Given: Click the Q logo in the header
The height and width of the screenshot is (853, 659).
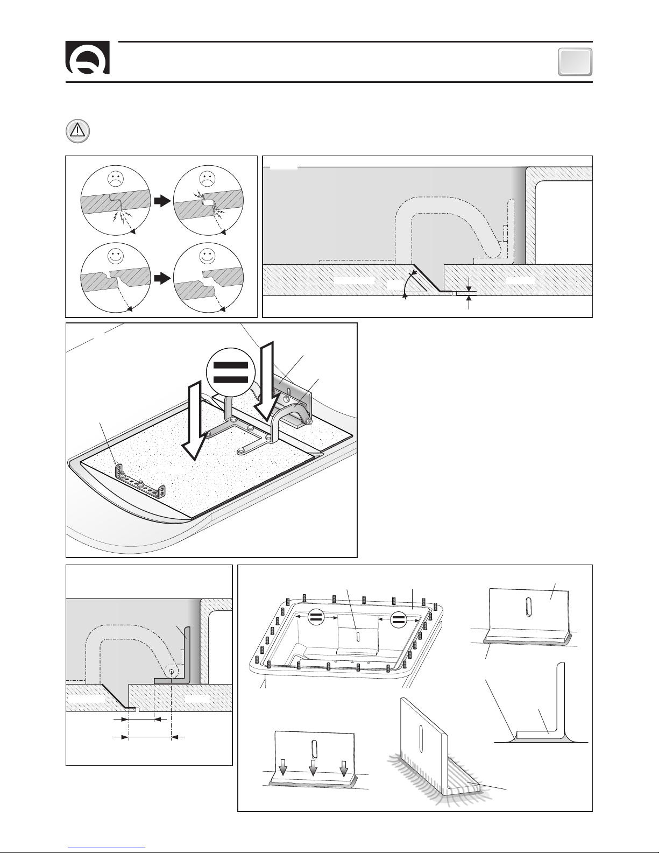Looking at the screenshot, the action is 88,58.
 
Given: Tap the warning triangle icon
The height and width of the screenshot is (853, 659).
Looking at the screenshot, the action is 78,131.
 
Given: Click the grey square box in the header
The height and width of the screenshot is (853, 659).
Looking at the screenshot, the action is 575,61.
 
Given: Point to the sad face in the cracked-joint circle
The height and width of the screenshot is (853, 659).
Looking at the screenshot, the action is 115,179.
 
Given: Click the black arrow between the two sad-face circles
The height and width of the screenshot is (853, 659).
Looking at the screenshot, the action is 162,201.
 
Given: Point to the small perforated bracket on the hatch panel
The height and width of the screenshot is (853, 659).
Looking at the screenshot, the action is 141,482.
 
